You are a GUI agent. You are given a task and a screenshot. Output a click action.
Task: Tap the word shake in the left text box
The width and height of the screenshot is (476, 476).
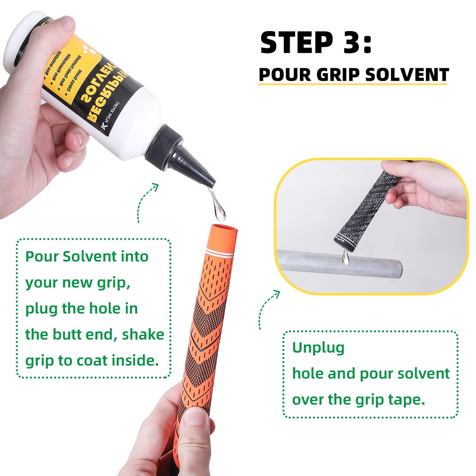143,334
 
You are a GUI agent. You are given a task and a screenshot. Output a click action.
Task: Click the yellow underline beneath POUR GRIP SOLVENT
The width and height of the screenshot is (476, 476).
352,84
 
